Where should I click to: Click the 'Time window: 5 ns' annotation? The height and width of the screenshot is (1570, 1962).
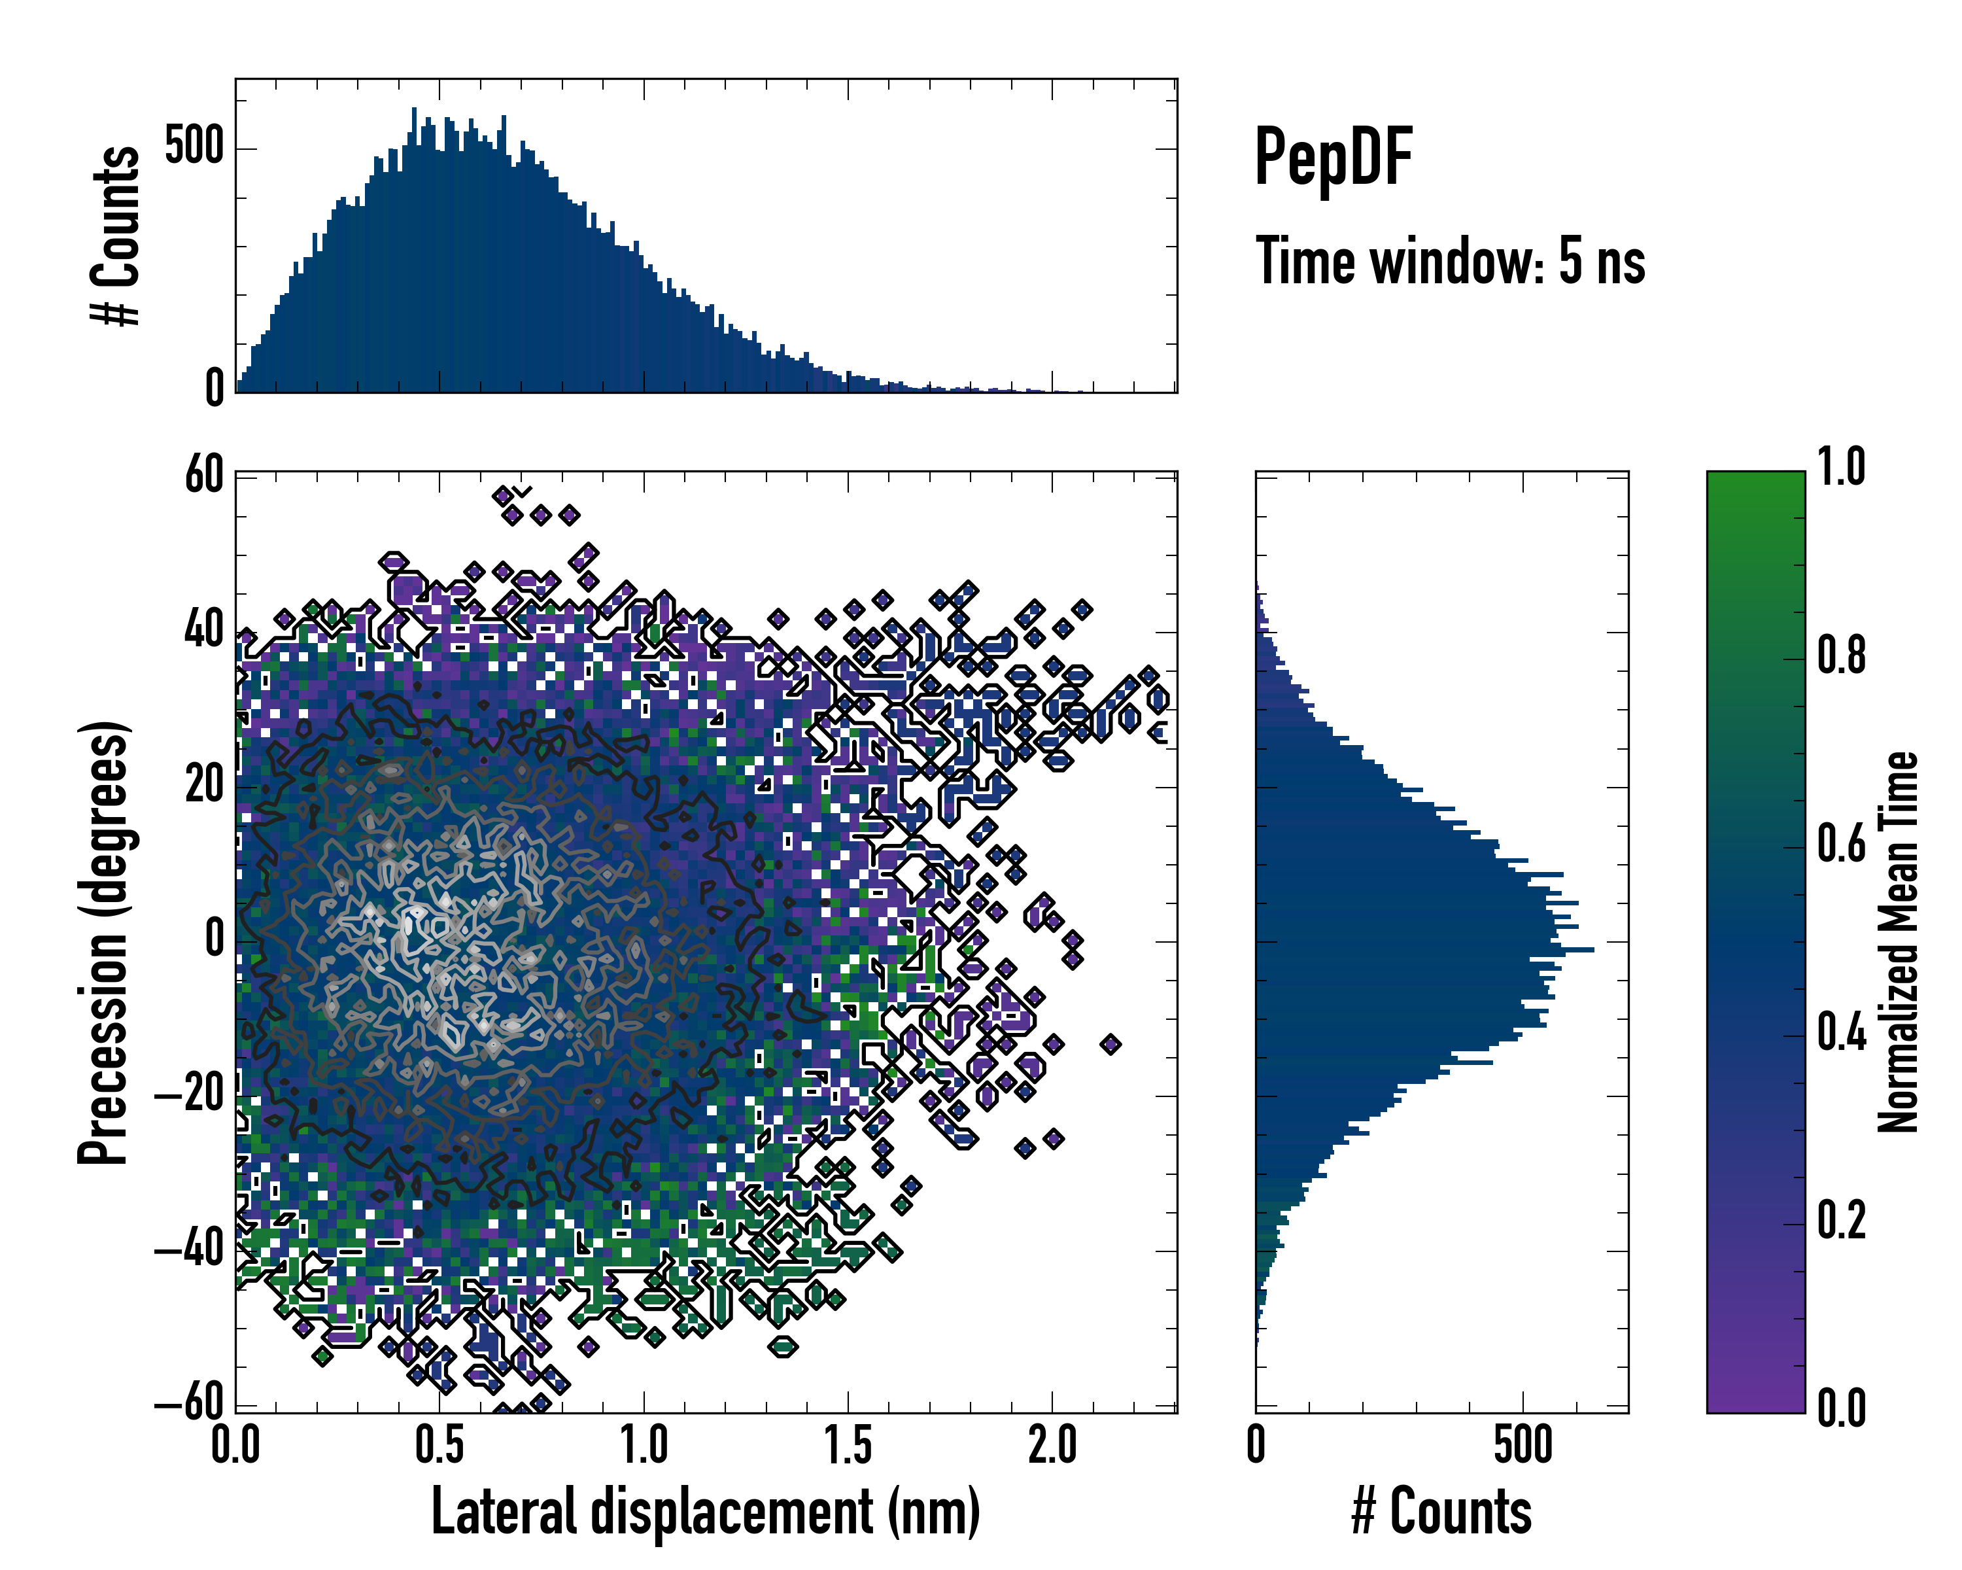[1450, 261]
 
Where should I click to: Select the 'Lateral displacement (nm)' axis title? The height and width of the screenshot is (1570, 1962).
[705, 1512]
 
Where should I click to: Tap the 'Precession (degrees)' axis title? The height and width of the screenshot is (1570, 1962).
[103, 942]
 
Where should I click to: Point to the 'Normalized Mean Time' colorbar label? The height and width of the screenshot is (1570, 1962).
[1899, 942]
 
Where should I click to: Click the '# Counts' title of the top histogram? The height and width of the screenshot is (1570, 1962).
[116, 235]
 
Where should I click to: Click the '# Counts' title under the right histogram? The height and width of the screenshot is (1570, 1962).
[1441, 1512]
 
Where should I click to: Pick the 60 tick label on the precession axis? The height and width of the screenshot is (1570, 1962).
[204, 475]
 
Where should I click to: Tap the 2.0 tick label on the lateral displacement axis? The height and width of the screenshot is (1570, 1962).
[1052, 1445]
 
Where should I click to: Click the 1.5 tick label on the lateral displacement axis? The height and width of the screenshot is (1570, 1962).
[848, 1445]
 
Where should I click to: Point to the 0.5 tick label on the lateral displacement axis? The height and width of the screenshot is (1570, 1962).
[439, 1445]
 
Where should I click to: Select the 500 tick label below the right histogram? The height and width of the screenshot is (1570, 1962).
[1523, 1445]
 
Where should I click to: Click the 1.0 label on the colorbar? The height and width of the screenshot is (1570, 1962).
[1841, 468]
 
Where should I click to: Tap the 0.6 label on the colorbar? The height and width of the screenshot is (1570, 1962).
[1841, 845]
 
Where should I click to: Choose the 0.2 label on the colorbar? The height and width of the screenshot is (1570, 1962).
[1841, 1221]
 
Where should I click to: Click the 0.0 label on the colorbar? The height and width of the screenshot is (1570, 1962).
[1841, 1409]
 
